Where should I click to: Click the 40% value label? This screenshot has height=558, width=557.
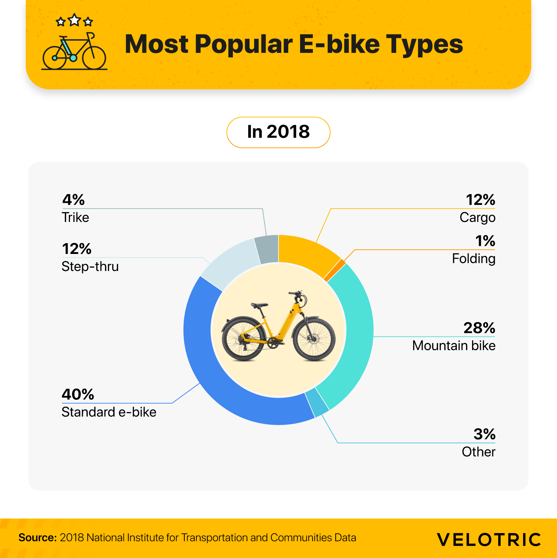[78, 394]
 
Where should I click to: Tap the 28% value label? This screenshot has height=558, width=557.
[479, 328]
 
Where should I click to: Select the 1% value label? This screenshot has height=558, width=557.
[485, 241]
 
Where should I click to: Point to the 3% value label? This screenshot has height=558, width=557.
[484, 434]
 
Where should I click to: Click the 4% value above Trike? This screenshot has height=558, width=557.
[73, 200]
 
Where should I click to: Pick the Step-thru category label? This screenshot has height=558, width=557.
[90, 266]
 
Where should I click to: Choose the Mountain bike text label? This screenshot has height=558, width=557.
[454, 345]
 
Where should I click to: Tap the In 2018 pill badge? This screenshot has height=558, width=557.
[278, 132]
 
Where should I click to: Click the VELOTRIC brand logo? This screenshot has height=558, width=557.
[489, 540]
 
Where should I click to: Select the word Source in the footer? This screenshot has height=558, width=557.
[37, 537]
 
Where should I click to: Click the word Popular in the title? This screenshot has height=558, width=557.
[244, 44]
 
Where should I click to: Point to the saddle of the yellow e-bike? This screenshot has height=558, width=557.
[260, 305]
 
